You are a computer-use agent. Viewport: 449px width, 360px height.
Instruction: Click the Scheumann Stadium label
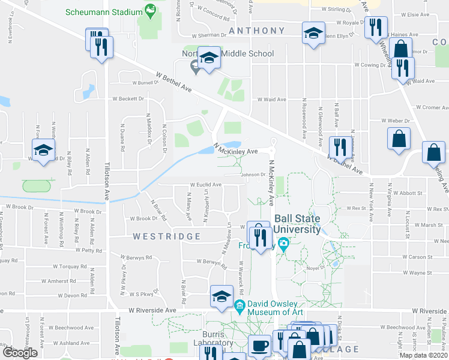[x=103, y=11]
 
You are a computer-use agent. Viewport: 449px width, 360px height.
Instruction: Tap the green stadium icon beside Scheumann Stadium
[x=150, y=10]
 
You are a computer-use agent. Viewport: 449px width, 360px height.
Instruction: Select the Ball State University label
[x=297, y=224]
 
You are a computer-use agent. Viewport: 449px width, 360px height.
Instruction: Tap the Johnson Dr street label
[x=253, y=175]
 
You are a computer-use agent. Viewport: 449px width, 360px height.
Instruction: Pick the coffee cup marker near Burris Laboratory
[x=260, y=346]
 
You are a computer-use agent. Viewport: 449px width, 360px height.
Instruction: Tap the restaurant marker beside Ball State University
[x=259, y=236]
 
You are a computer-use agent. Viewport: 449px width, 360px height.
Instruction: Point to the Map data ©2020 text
[x=423, y=355]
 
